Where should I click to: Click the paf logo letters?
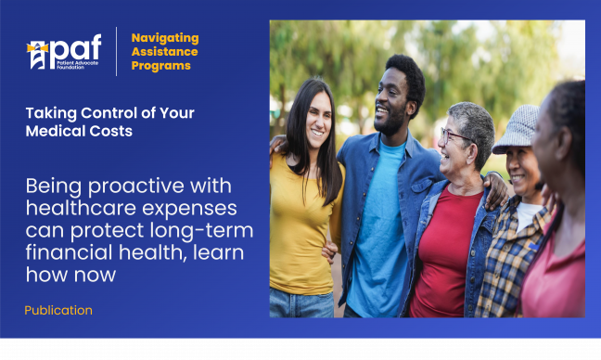[x=74, y=48]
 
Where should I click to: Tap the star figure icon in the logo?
[x=37, y=55]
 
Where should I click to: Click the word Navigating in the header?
[x=165, y=38]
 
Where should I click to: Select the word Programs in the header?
[x=161, y=66]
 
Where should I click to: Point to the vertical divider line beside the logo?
[x=116, y=52]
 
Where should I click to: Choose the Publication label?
[x=58, y=310]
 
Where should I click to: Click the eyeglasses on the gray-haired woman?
[x=454, y=136]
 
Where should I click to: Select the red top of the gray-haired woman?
[x=445, y=251]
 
